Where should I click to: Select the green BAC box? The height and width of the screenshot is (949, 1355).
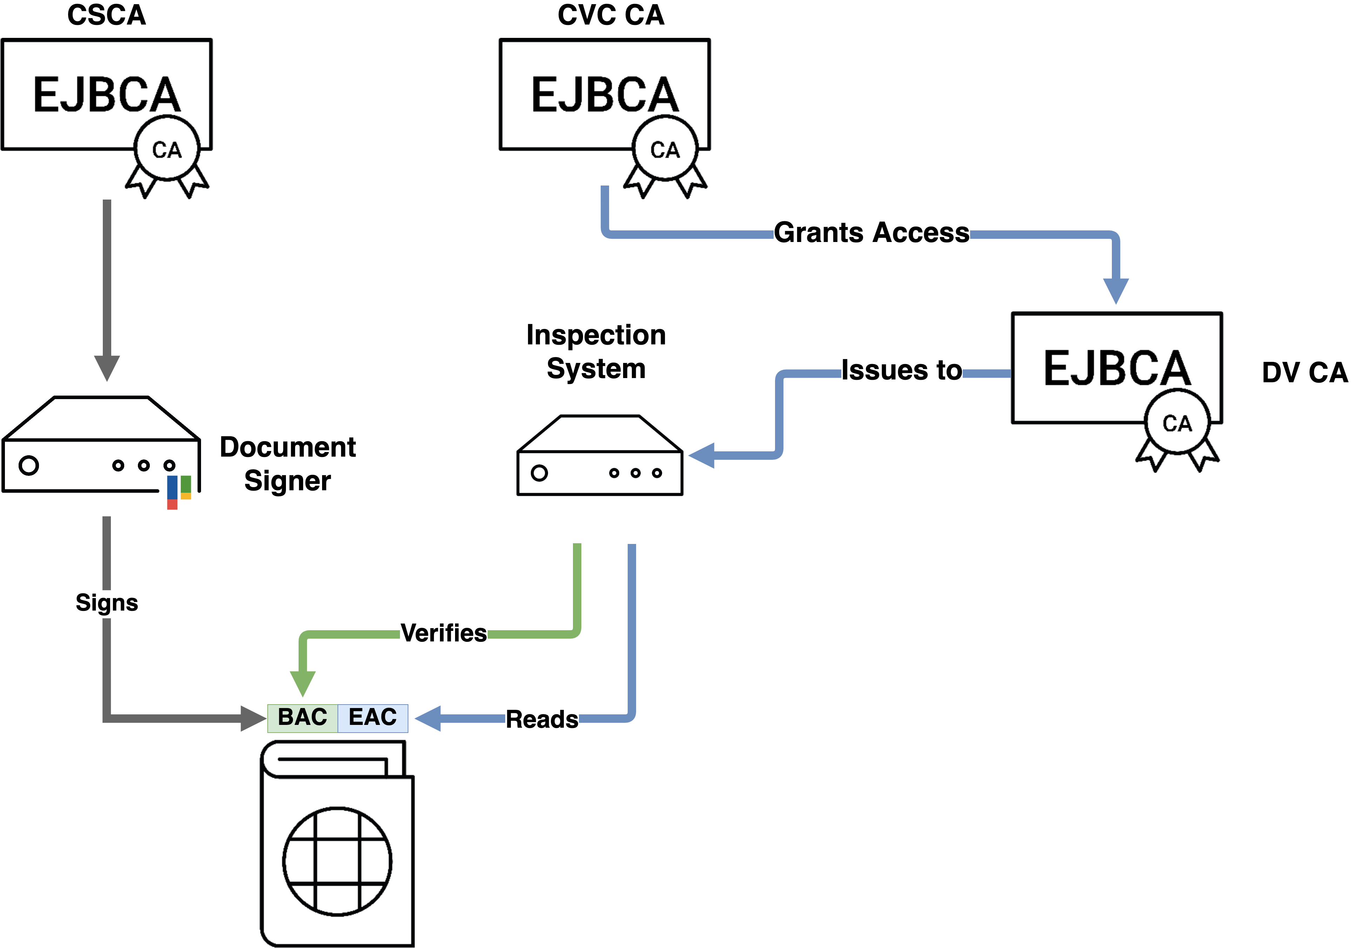coord(303,718)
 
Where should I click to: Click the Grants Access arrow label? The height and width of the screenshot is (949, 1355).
coord(871,233)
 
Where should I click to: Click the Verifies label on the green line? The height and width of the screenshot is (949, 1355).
coord(444,633)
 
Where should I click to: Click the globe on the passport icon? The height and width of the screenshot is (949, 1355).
coord(337,861)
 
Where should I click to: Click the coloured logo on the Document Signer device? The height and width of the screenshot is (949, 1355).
coord(179,491)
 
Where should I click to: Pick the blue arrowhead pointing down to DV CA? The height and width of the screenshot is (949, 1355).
coord(1116,290)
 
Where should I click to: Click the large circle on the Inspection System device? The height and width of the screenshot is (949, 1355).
coord(539,473)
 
